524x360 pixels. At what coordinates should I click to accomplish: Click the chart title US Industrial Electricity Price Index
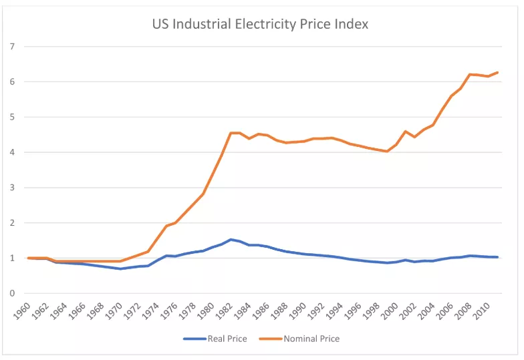pos(261,24)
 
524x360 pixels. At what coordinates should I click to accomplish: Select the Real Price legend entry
pos(227,339)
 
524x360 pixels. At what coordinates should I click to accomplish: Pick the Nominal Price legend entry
pos(311,339)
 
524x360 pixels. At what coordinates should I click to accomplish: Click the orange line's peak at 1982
pos(231,133)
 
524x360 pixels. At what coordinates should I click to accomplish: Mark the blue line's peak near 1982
pos(231,239)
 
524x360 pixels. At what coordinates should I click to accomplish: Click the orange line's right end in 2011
pos(498,72)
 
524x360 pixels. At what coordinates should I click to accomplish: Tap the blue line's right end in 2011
pos(498,257)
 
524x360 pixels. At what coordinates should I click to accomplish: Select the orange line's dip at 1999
pos(387,152)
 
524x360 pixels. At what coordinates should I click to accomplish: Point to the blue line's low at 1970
pos(121,268)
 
